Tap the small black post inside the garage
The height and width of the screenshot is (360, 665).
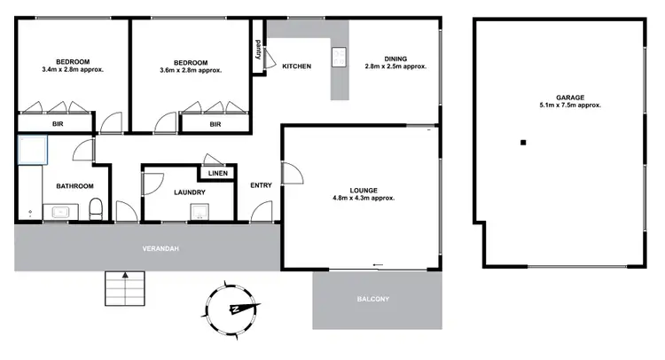click(x=523, y=143)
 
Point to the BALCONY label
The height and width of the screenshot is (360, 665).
click(x=373, y=299)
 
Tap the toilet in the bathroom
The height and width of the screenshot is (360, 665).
click(x=96, y=210)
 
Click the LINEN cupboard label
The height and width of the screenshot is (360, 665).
click(x=217, y=173)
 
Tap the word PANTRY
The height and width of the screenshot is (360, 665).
click(x=258, y=55)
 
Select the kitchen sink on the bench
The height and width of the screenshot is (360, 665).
click(x=339, y=58)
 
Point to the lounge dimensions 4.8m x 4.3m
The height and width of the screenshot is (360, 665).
click(x=364, y=199)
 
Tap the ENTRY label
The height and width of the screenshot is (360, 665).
click(x=262, y=185)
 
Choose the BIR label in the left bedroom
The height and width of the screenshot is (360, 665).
click(x=57, y=125)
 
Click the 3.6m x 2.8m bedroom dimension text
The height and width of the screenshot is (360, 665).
click(x=191, y=70)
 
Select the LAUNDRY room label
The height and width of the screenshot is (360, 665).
click(x=190, y=192)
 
